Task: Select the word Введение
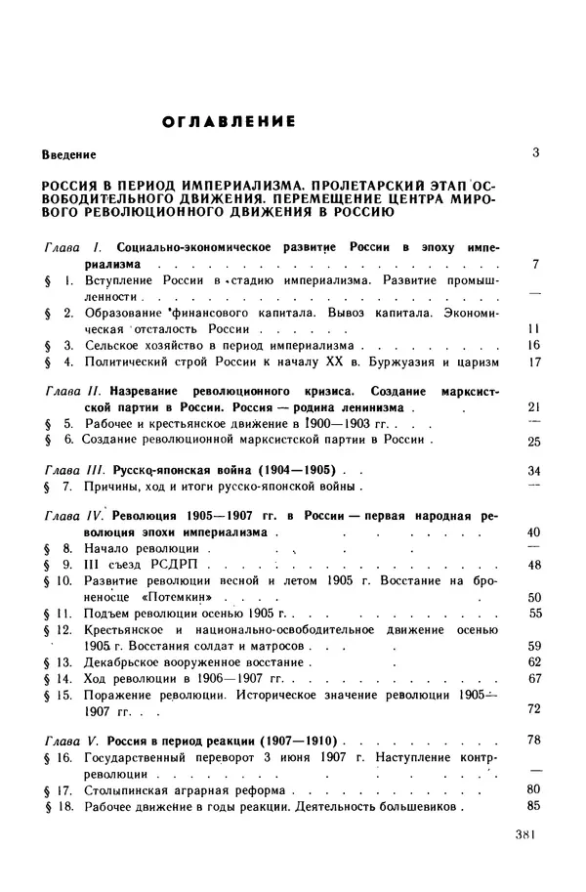pyautogui.click(x=69, y=155)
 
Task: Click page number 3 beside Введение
pyautogui.click(x=535, y=153)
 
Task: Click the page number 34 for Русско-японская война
pyautogui.click(x=533, y=470)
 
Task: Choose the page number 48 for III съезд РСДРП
pyautogui.click(x=533, y=565)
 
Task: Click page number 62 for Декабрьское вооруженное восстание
pyautogui.click(x=533, y=661)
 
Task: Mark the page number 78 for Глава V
pyautogui.click(x=533, y=740)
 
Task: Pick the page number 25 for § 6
pyautogui.click(x=533, y=441)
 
